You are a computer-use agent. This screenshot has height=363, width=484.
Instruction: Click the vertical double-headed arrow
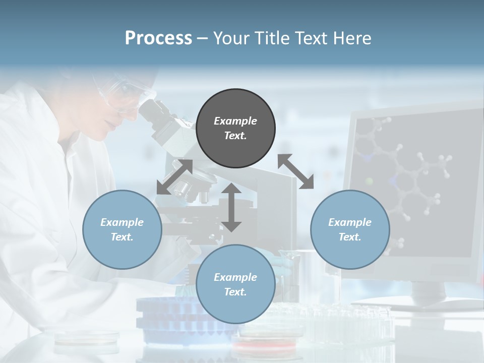click(231, 207)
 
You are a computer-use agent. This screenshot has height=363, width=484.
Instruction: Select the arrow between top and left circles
click(174, 177)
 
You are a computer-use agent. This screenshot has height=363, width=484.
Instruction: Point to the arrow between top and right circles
click(296, 171)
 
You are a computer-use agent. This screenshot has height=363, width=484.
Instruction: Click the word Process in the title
click(158, 38)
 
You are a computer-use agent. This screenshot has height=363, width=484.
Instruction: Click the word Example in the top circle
click(235, 121)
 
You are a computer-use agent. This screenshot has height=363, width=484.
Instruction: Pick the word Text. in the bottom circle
click(235, 292)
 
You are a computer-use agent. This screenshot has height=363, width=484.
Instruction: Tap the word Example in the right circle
click(350, 222)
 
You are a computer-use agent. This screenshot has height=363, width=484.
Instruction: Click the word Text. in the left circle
click(122, 237)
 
